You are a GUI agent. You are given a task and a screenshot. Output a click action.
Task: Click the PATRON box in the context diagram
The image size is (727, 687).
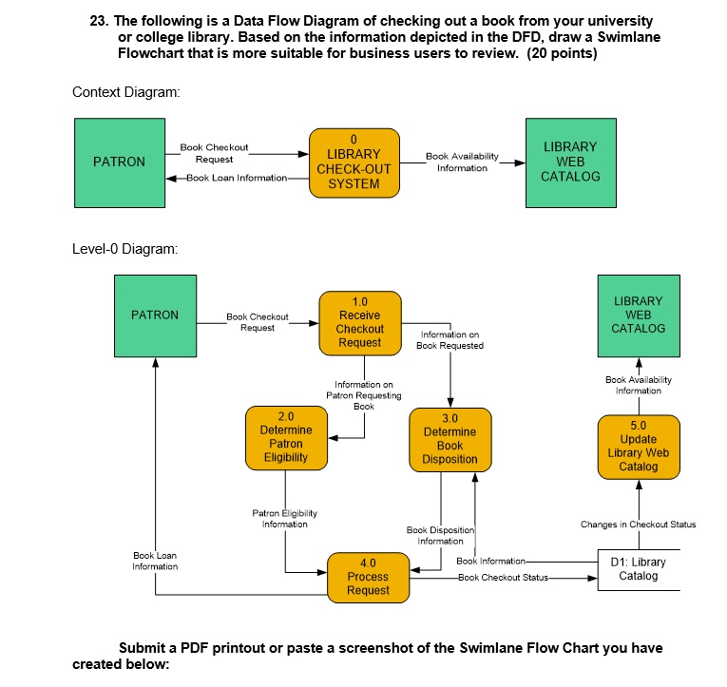click(120, 162)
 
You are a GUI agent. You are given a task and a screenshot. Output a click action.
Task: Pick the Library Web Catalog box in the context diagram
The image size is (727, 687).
click(570, 162)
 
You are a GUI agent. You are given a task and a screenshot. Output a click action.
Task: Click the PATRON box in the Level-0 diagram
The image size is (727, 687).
click(155, 315)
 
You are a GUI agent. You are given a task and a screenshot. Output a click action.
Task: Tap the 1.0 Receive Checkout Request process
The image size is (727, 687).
click(359, 322)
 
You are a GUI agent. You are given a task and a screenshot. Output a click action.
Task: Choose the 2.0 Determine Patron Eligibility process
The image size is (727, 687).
click(286, 437)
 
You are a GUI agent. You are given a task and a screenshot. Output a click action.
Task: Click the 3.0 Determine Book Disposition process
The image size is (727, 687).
click(450, 439)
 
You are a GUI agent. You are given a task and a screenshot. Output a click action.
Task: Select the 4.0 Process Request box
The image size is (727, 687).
click(368, 577)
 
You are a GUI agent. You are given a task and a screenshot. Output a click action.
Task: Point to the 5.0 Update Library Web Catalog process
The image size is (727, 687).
click(638, 446)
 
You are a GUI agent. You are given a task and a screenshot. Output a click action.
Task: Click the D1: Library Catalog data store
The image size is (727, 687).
click(639, 569)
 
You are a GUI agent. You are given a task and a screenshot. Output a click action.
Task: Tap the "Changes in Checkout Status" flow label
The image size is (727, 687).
click(638, 525)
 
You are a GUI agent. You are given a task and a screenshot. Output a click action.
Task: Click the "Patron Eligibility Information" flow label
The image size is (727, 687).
click(284, 519)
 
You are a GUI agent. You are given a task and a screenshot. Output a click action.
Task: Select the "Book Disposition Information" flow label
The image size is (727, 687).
click(440, 536)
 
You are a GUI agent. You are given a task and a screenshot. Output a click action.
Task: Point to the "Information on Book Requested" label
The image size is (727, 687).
click(450, 340)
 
